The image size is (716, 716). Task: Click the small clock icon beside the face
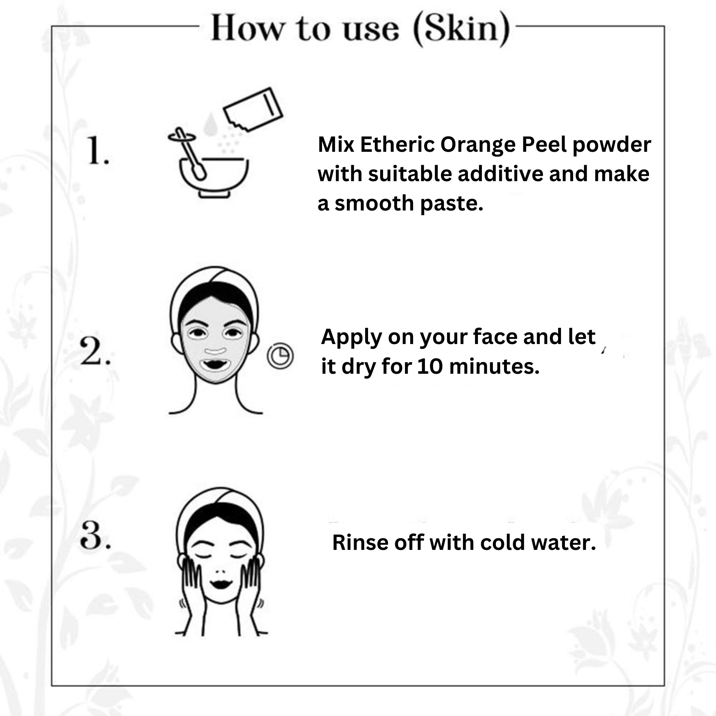pos(280,356)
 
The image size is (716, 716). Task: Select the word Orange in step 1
pos(478,145)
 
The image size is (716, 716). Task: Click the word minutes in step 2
pos(494,366)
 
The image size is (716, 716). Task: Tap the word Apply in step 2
pos(351,337)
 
